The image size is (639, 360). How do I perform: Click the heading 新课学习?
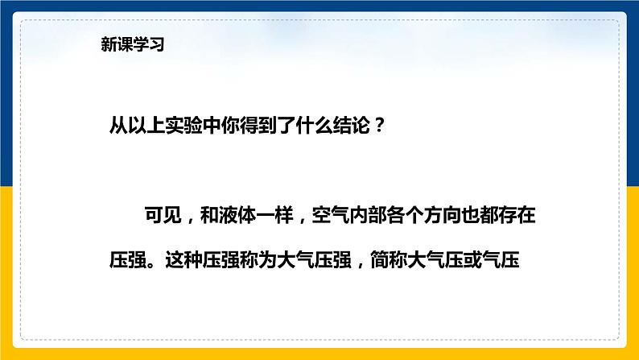click(133, 44)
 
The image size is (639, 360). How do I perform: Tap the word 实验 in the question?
click(183, 125)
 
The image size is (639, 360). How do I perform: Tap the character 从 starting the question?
click(118, 125)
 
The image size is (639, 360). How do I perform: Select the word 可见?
click(163, 215)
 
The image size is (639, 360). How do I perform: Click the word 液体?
click(237, 215)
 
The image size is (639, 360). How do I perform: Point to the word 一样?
click(274, 215)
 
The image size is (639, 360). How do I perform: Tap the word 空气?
click(331, 215)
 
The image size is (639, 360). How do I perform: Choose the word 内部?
click(368, 215)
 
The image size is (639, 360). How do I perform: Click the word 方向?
click(443, 215)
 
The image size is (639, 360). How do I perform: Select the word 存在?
click(517, 215)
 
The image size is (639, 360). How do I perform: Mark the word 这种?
click(183, 259)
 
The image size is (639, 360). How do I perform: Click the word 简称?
click(389, 259)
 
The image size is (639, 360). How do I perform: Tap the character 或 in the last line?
click(472, 259)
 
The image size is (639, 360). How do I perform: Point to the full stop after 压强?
click(154, 264)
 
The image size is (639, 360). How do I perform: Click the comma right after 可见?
click(189, 220)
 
